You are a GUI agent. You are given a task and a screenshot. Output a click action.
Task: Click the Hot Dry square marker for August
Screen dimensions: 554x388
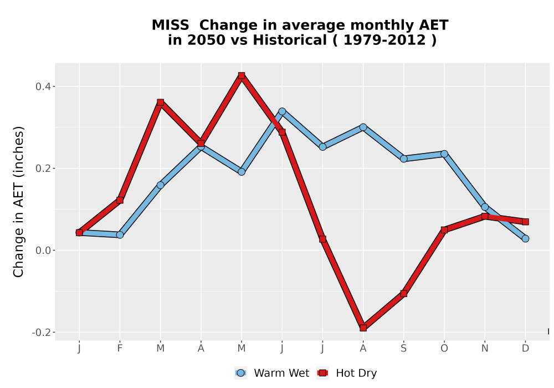[363, 328]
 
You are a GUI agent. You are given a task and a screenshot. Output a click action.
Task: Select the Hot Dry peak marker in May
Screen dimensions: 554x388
[242, 75]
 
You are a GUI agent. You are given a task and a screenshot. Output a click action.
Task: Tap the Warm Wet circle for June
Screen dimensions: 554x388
[282, 111]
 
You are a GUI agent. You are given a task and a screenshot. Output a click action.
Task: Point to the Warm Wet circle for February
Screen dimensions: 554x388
[120, 234]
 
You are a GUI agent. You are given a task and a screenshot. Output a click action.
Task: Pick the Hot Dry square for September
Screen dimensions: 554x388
[403, 293]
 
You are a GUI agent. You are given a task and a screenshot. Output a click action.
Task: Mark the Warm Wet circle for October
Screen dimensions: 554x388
[444, 154]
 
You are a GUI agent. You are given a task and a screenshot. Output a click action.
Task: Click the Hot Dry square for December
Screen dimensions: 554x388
[525, 222]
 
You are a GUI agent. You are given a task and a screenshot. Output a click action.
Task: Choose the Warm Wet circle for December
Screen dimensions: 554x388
[525, 238]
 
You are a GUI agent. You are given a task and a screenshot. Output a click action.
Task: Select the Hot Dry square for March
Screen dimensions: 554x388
[161, 103]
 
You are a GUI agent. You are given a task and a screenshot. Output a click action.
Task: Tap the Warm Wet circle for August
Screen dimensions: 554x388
[363, 127]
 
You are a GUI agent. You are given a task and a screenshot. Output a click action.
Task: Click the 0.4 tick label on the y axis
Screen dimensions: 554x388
[43, 86]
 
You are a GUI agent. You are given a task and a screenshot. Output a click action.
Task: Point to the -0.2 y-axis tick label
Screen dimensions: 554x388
[42, 333]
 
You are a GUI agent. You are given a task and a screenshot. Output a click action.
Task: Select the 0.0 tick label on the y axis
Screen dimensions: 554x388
[43, 251]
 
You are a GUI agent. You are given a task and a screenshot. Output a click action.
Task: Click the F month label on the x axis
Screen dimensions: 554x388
[120, 349]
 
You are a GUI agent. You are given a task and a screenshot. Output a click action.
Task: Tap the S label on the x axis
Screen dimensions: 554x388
[403, 349]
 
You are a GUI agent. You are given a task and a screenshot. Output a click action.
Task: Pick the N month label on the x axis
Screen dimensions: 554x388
[485, 349]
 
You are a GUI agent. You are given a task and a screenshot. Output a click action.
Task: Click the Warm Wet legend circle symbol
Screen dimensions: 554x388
[240, 373]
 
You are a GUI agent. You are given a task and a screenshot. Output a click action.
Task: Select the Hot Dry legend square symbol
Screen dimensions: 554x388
[322, 373]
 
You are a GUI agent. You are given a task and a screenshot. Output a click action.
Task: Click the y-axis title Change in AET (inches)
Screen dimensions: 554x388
[18, 202]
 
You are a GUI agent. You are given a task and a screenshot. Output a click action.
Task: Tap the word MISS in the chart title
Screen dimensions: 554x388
[170, 25]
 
